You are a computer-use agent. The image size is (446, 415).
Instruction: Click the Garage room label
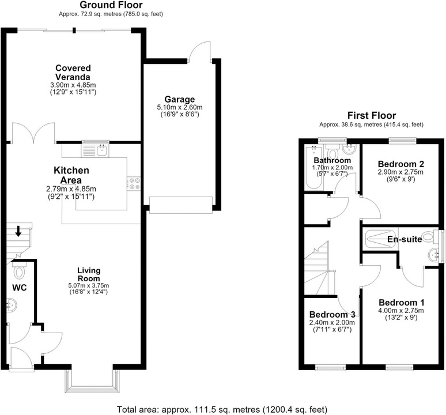tap(179, 99)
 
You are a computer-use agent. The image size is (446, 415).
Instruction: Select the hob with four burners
tap(134, 183)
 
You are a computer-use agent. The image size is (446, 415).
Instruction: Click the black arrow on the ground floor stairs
tap(18, 231)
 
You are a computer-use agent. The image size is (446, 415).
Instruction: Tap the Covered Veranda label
tap(73, 73)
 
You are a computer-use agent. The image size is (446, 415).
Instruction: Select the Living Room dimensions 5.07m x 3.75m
tap(89, 285)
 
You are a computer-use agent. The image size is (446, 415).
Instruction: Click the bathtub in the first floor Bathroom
tap(313, 168)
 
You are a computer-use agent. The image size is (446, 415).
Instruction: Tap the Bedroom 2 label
tap(401, 164)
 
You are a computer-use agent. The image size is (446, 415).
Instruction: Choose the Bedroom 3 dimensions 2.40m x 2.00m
tap(332, 323)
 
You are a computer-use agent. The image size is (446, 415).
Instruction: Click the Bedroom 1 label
tap(402, 303)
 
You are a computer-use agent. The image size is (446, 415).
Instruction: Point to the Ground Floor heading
tap(111, 5)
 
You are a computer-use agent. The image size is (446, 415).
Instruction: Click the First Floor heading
tap(372, 115)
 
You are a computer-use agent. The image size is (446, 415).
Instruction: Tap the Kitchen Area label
tap(71, 175)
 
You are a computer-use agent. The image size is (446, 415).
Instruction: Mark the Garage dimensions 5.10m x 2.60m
tap(180, 108)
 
